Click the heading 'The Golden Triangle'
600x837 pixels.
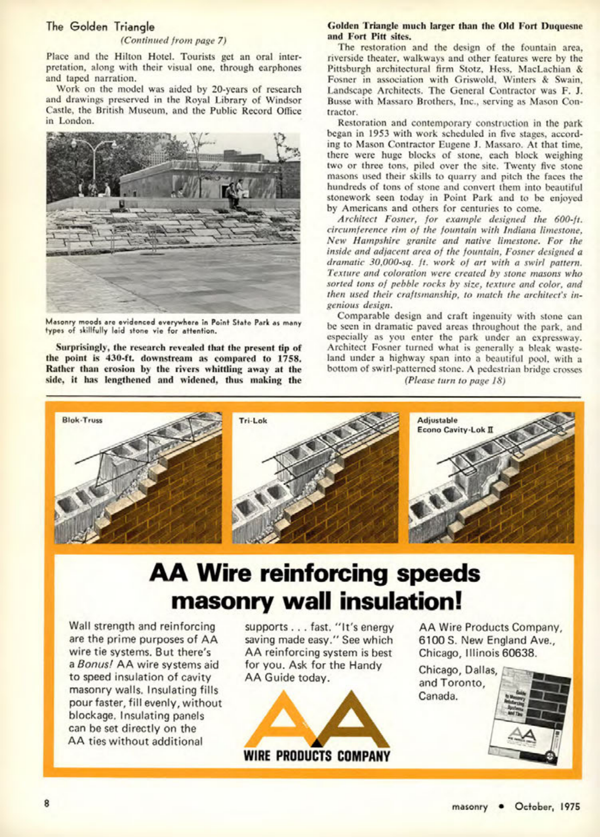[100, 27]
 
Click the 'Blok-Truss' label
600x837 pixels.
[82, 420]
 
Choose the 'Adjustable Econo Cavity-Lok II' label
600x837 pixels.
[455, 425]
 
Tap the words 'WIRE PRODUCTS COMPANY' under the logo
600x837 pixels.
[317, 756]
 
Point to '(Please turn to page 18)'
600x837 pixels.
[455, 380]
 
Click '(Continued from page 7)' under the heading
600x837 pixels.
[173, 41]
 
